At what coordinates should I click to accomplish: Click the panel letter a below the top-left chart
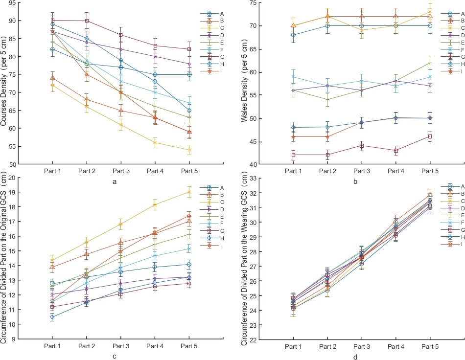(x=115, y=182)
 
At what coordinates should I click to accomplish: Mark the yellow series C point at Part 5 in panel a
(x=190, y=150)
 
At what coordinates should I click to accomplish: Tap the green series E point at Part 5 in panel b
(x=430, y=63)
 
